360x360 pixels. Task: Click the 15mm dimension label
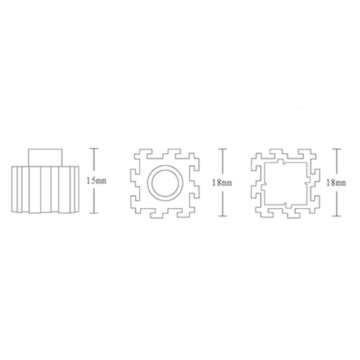tap(96, 181)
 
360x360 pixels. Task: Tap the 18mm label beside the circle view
tap(222, 183)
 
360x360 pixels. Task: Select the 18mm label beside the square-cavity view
tap(336, 183)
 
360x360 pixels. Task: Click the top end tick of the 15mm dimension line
tap(94, 149)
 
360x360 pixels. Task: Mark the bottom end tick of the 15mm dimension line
tap(94, 213)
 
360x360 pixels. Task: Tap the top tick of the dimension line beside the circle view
tap(223, 149)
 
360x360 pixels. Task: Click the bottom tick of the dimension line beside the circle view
tap(223, 216)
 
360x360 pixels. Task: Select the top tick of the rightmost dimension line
tap(336, 149)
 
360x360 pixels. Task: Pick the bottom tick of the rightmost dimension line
tap(336, 216)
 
